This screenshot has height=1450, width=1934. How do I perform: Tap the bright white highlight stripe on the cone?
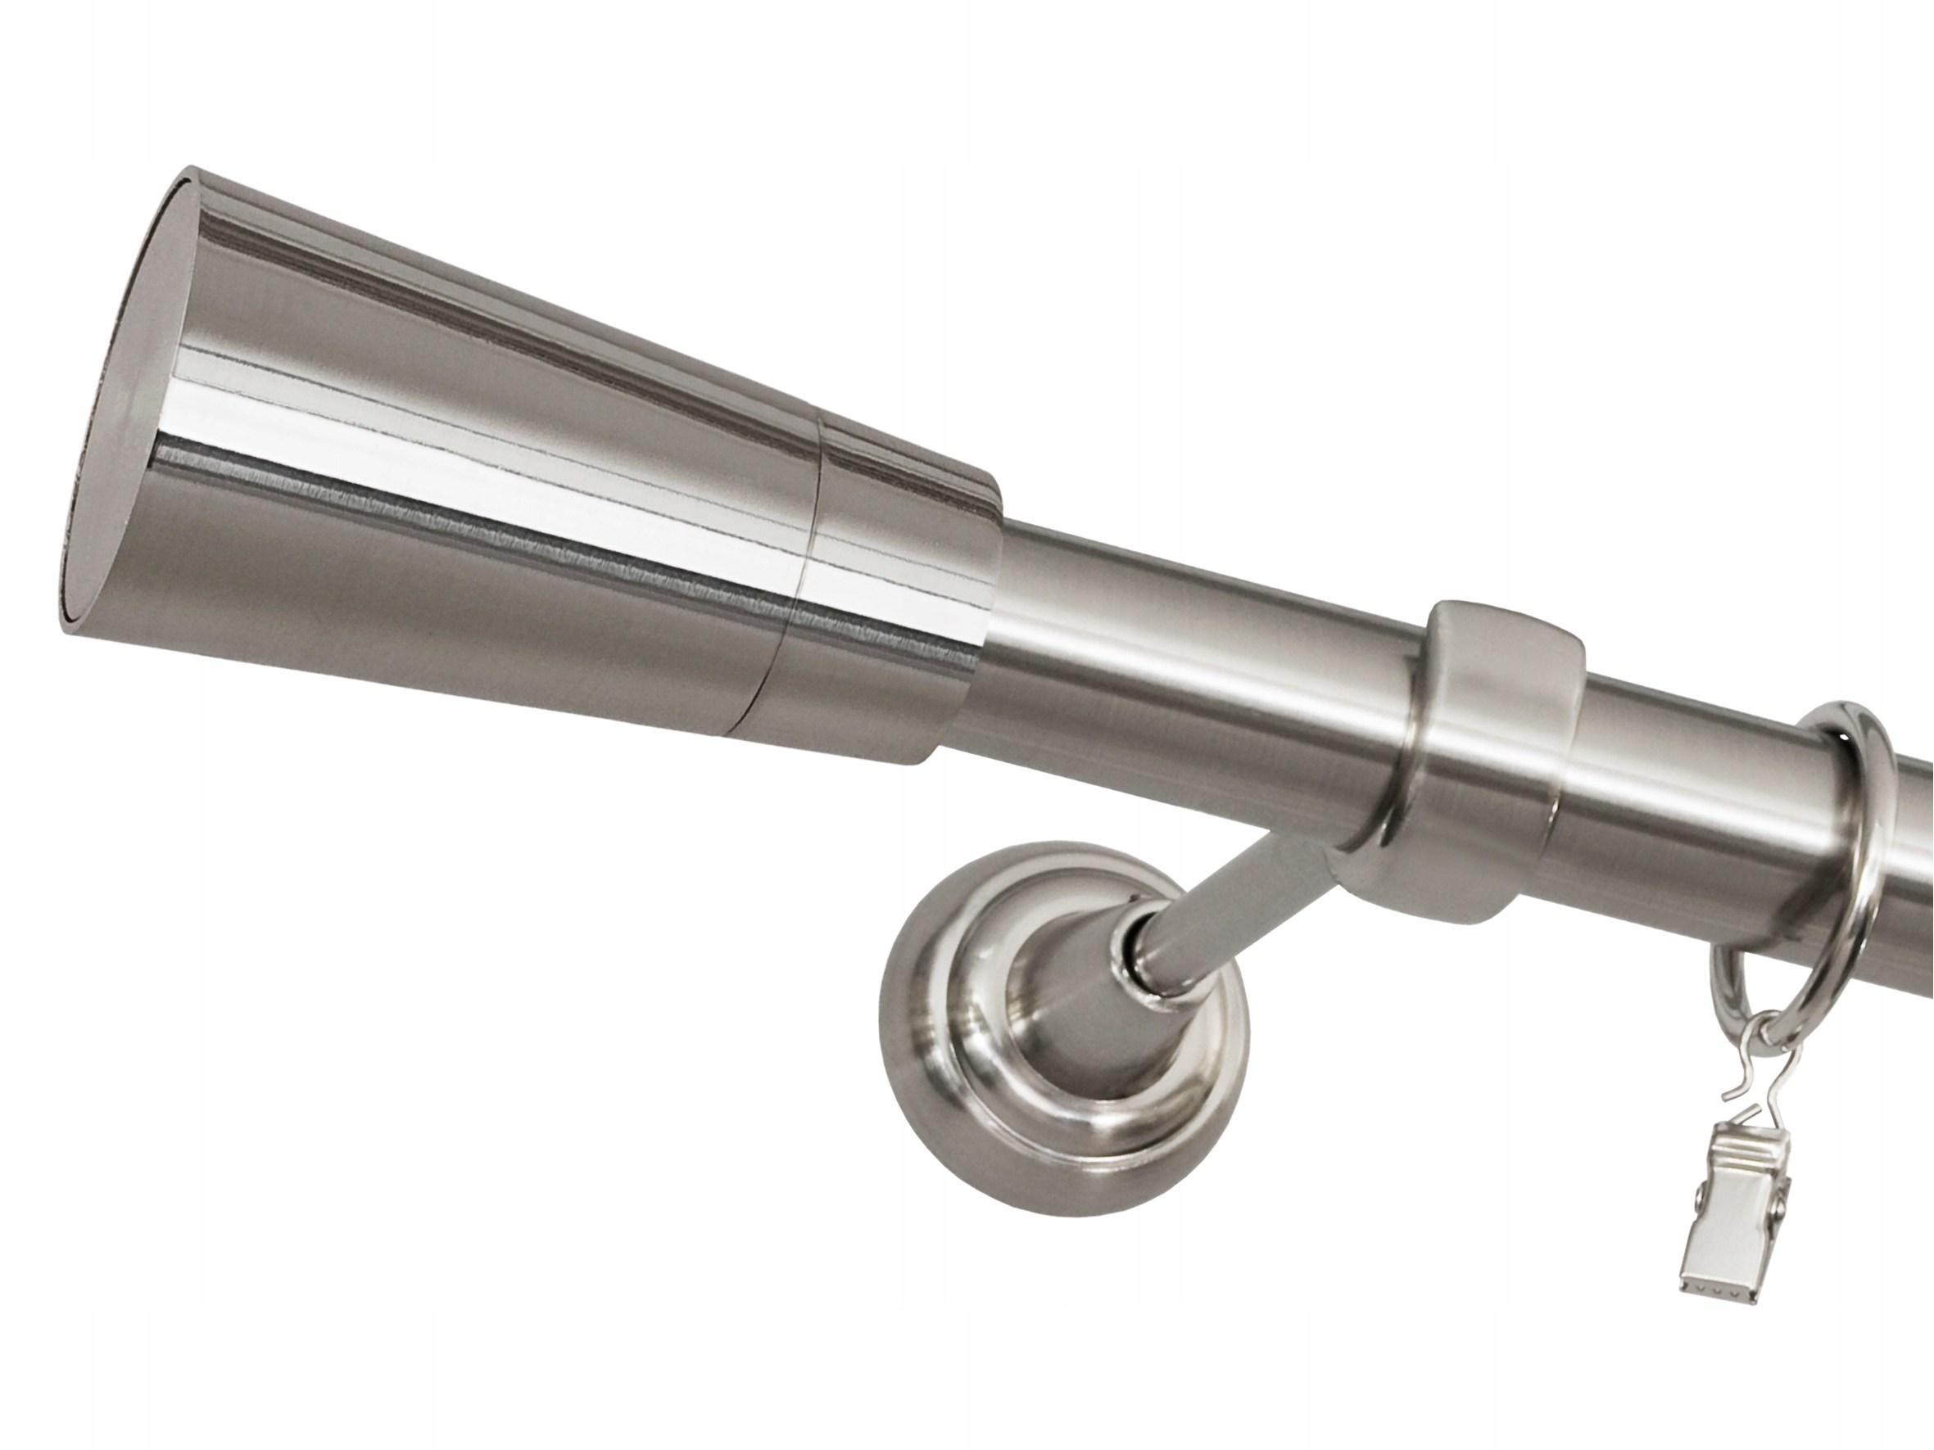(x=490, y=490)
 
